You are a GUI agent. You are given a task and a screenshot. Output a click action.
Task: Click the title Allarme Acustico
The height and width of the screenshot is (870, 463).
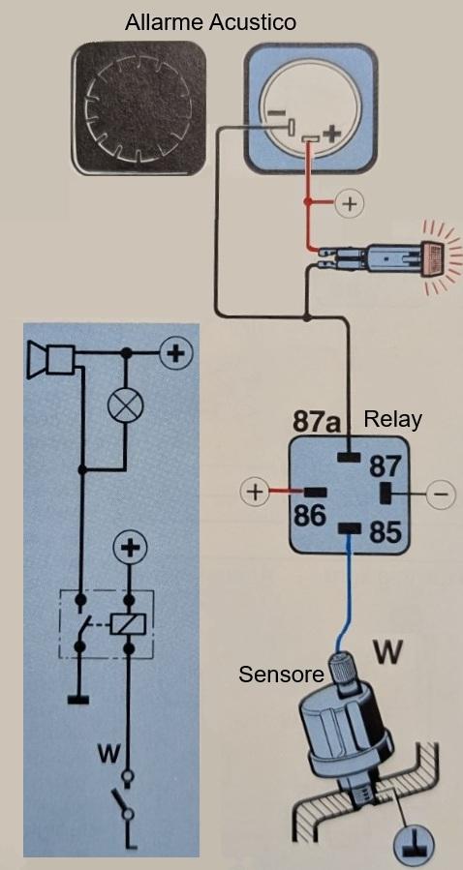pyautogui.click(x=210, y=23)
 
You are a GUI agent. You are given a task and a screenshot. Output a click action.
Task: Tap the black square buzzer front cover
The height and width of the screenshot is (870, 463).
pyautogui.click(x=139, y=108)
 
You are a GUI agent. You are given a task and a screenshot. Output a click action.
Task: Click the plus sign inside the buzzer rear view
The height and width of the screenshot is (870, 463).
pyautogui.click(x=331, y=133)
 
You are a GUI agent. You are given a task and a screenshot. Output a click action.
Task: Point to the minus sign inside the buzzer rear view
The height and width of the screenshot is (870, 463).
pyautogui.click(x=275, y=112)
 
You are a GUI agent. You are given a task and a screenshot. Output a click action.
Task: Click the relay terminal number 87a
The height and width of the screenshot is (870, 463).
pyautogui.click(x=316, y=422)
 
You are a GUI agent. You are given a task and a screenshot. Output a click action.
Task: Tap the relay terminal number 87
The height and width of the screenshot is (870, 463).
pyautogui.click(x=386, y=466)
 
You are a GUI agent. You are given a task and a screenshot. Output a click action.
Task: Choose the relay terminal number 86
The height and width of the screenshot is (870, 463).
pyautogui.click(x=309, y=516)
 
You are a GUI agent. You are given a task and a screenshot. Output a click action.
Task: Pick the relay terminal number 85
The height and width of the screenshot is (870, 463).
pyautogui.click(x=386, y=532)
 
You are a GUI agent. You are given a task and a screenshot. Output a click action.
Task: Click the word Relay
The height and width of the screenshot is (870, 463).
pyautogui.click(x=392, y=419)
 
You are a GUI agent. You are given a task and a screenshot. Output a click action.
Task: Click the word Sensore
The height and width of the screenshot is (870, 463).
pyautogui.click(x=281, y=675)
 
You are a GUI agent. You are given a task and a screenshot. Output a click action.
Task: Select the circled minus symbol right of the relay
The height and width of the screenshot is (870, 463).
pyautogui.click(x=441, y=495)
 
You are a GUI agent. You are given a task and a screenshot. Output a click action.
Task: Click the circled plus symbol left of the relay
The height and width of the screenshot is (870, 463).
pyautogui.click(x=255, y=493)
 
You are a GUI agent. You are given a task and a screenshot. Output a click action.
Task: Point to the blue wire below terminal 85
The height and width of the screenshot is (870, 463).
pyautogui.click(x=345, y=597)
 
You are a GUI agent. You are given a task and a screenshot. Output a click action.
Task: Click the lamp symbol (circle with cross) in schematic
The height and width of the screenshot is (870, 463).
pyautogui.click(x=126, y=405)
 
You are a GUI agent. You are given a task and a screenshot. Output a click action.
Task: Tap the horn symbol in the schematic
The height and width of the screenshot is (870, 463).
pyautogui.click(x=51, y=359)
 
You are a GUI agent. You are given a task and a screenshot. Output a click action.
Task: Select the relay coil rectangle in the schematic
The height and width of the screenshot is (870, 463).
pyautogui.click(x=129, y=623)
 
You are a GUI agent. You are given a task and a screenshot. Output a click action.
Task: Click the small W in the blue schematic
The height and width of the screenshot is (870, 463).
pyautogui.click(x=108, y=754)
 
